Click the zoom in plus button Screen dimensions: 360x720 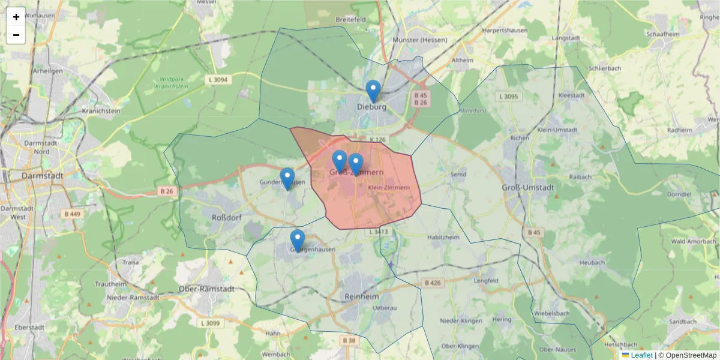pos(16,17)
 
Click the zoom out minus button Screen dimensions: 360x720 pos(16,35)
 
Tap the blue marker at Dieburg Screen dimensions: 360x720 pos(373,92)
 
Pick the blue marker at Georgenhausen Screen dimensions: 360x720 pos(298,241)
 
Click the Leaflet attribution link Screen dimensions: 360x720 pos(641,355)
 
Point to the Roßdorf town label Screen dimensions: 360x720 pos(227,216)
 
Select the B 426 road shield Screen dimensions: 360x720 pos(433,283)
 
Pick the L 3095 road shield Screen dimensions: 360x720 pos(508,96)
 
